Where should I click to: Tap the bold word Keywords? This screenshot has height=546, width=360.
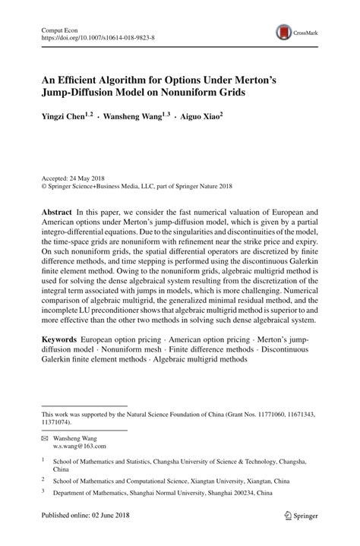[x=60, y=335]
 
